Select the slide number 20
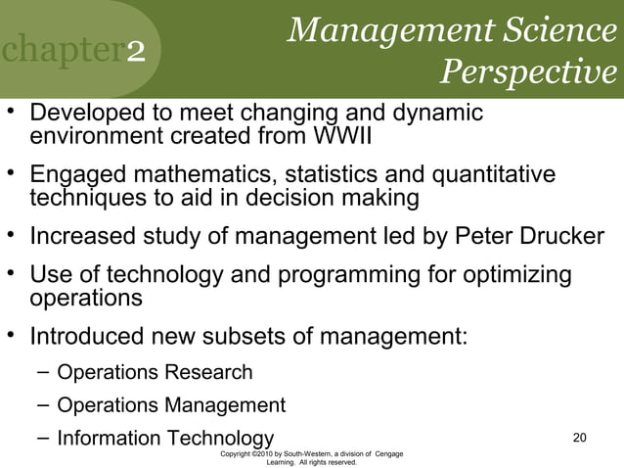[579, 437]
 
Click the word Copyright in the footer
[241, 453]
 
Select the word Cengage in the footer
[389, 453]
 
